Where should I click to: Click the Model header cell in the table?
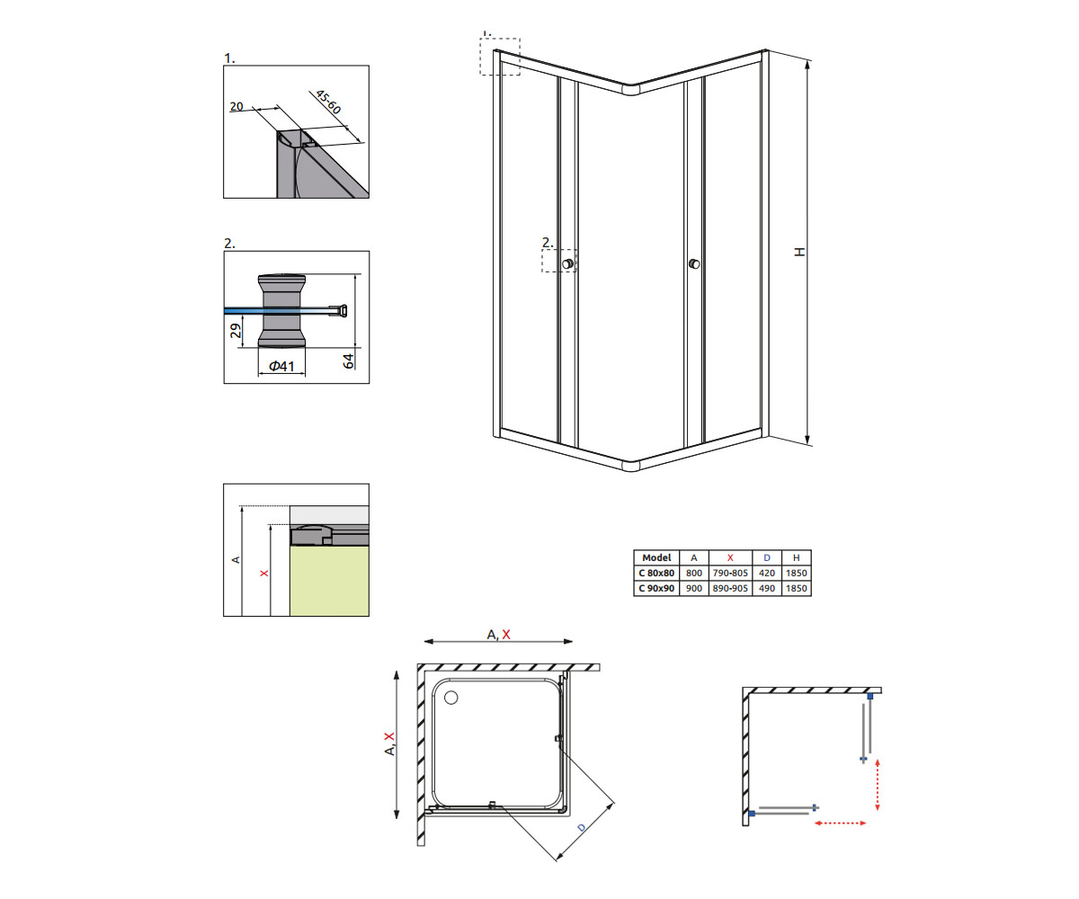click(656, 557)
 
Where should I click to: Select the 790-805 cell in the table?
click(729, 573)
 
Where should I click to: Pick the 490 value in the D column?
click(766, 588)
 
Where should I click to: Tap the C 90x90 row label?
click(656, 588)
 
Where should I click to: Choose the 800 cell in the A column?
click(693, 573)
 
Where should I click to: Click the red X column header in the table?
click(729, 557)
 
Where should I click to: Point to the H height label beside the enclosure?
click(799, 252)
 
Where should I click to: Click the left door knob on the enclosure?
click(567, 264)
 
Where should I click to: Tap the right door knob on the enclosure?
click(694, 264)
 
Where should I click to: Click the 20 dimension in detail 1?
click(236, 106)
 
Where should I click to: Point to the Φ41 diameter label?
click(281, 366)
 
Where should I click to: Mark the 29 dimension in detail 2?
click(236, 331)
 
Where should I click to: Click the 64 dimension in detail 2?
click(349, 360)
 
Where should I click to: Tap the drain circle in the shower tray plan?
click(451, 698)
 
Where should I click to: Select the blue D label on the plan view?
click(582, 828)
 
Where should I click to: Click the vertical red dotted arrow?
click(877, 784)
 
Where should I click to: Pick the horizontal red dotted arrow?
click(840, 823)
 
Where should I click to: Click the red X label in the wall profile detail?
click(264, 573)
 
